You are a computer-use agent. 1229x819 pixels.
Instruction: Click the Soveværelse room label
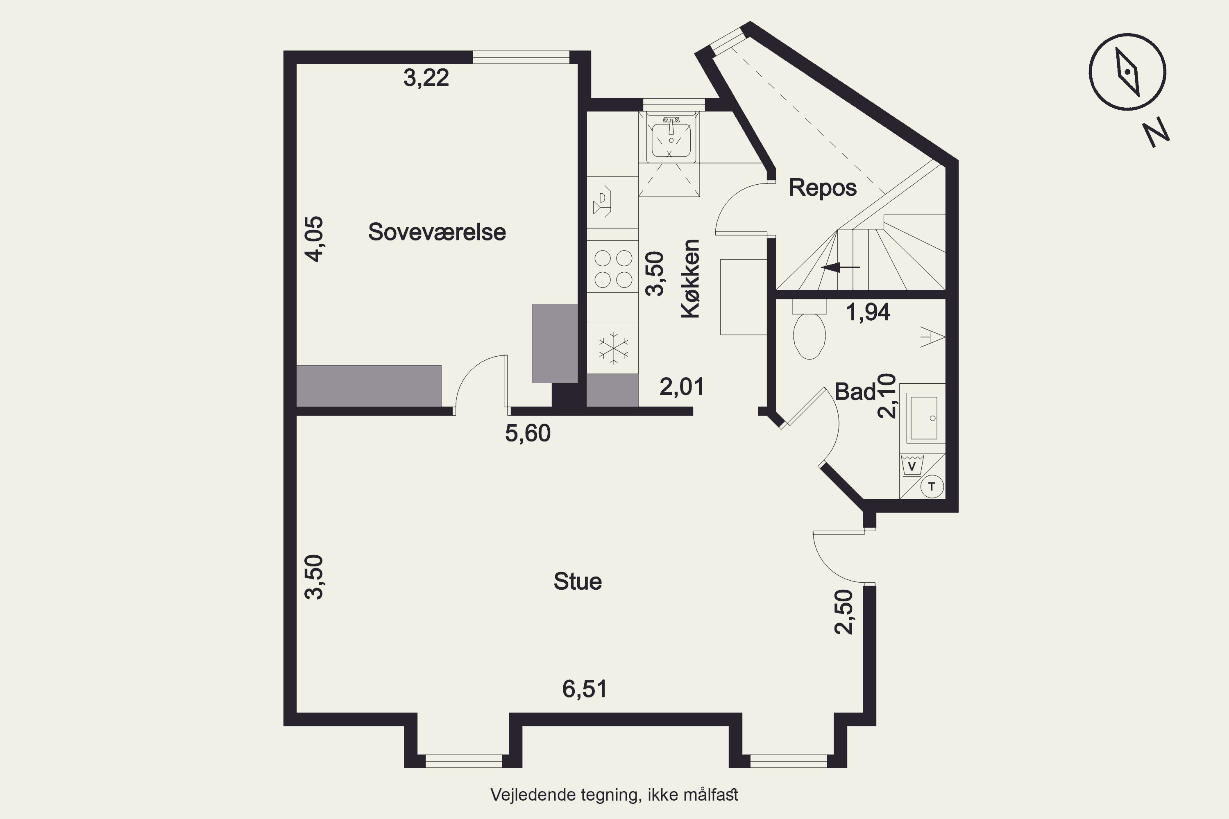[437, 232]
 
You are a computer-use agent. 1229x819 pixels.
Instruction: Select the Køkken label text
[690, 278]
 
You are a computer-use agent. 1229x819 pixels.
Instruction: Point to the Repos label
[823, 188]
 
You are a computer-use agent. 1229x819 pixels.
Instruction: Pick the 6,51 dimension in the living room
[585, 689]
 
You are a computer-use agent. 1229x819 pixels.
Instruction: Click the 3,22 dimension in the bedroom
[426, 78]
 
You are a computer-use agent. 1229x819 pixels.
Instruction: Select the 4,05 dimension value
[314, 239]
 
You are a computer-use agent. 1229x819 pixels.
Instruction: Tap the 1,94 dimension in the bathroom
[868, 312]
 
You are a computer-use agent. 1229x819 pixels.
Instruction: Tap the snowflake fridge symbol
[613, 348]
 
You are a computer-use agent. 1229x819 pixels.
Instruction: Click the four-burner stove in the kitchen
[613, 269]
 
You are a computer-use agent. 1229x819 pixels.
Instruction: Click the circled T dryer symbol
[931, 487]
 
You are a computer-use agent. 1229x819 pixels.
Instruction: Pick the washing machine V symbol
[912, 465]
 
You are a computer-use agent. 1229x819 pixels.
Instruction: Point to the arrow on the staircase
[840, 267]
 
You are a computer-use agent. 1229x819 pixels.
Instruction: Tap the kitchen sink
[671, 137]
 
